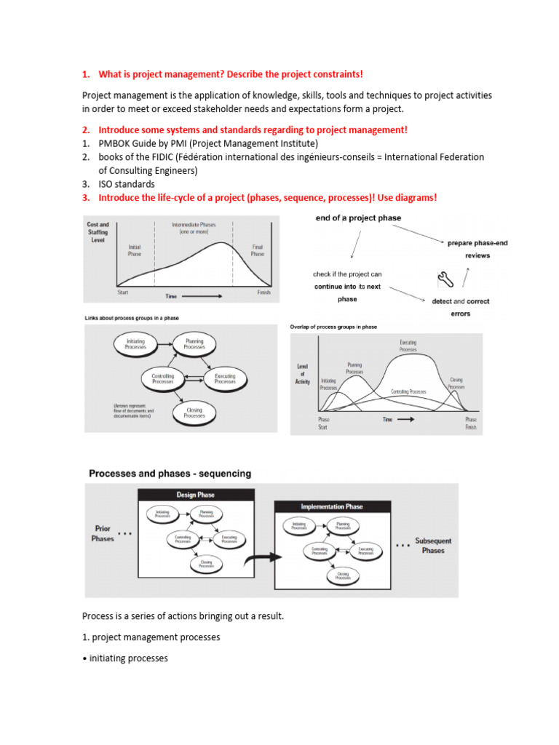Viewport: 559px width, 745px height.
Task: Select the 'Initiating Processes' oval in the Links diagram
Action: pos(135,344)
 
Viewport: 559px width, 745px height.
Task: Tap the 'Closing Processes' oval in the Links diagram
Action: pos(194,413)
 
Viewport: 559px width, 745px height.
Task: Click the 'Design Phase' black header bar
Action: pos(196,495)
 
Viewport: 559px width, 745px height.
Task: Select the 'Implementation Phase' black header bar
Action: pos(332,506)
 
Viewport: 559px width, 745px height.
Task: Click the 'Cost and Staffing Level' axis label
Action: pos(98,233)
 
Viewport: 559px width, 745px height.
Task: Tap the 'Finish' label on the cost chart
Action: pos(263,292)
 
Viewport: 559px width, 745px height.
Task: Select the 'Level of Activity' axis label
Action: pos(304,374)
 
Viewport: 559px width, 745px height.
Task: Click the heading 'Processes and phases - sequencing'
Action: pos(170,474)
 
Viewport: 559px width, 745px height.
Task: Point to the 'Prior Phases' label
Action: pos(103,533)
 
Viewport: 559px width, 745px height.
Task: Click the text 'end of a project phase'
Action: pos(357,218)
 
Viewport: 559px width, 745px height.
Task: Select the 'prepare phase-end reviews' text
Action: pos(478,249)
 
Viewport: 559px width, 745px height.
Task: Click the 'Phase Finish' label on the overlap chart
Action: pos(471,423)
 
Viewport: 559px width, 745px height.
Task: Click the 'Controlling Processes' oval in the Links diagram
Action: pos(162,378)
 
